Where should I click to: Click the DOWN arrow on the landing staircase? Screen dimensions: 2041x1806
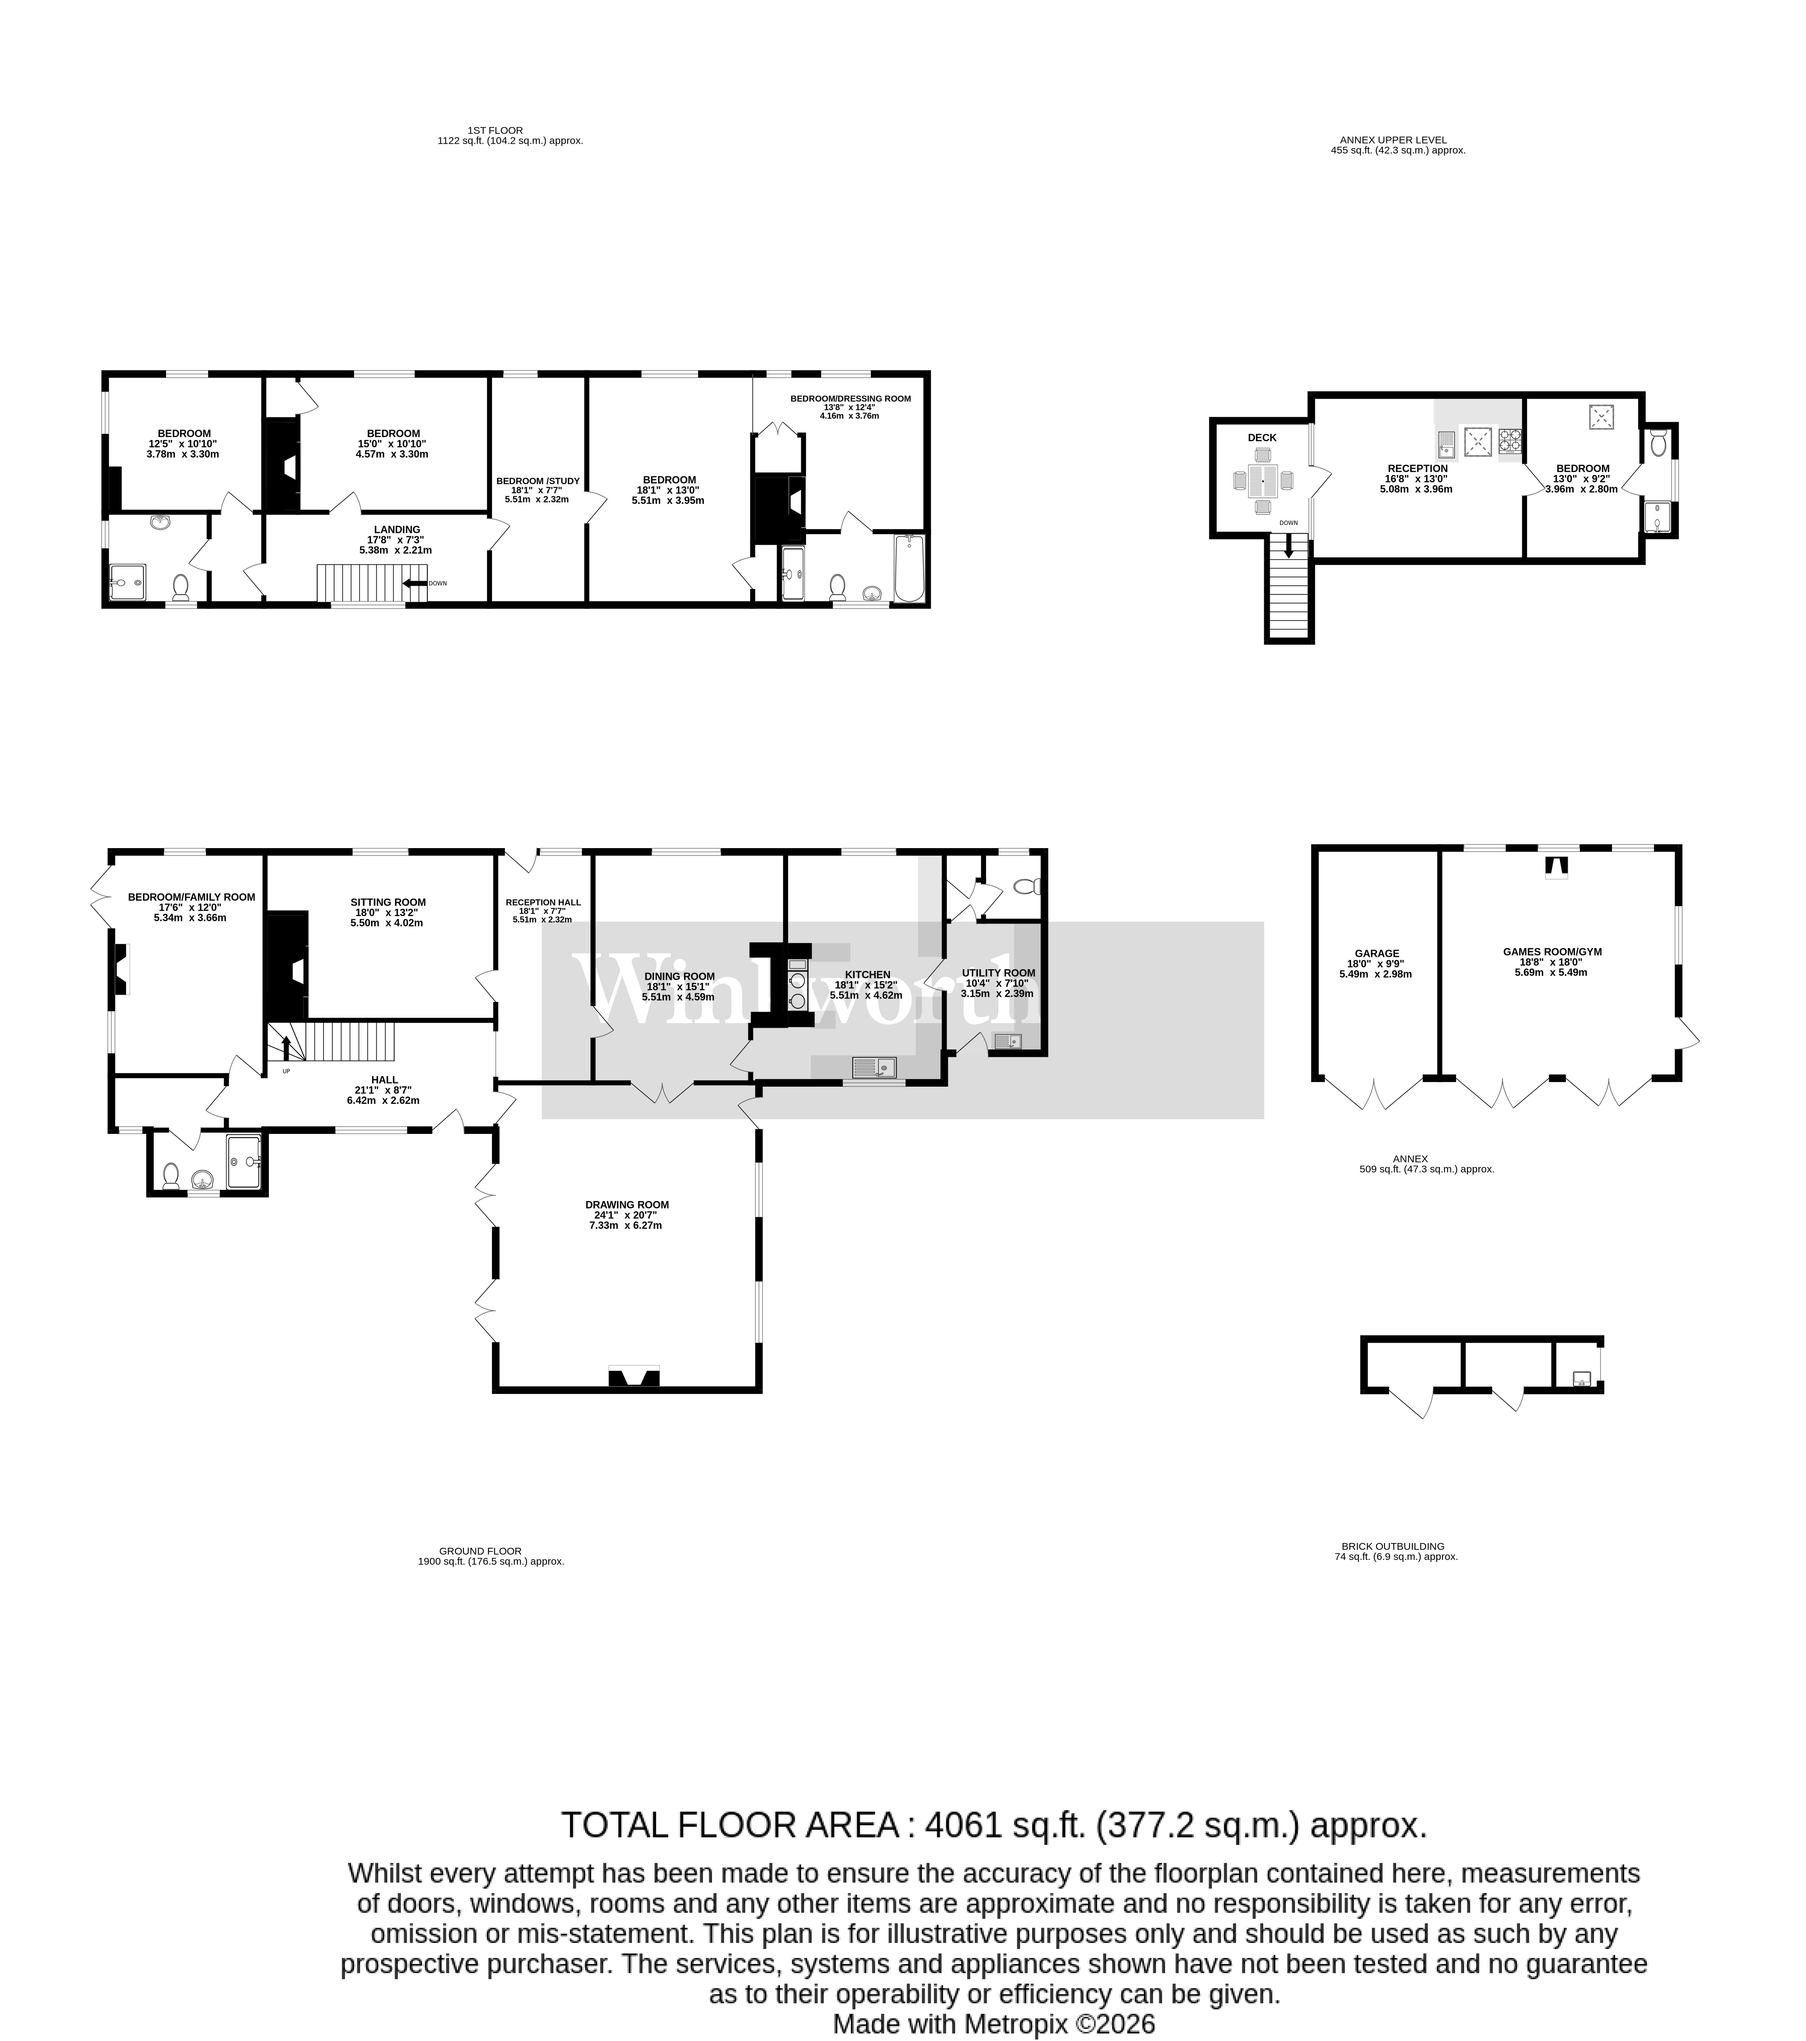tap(414, 583)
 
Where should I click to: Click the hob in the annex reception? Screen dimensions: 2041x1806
tap(1509, 440)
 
